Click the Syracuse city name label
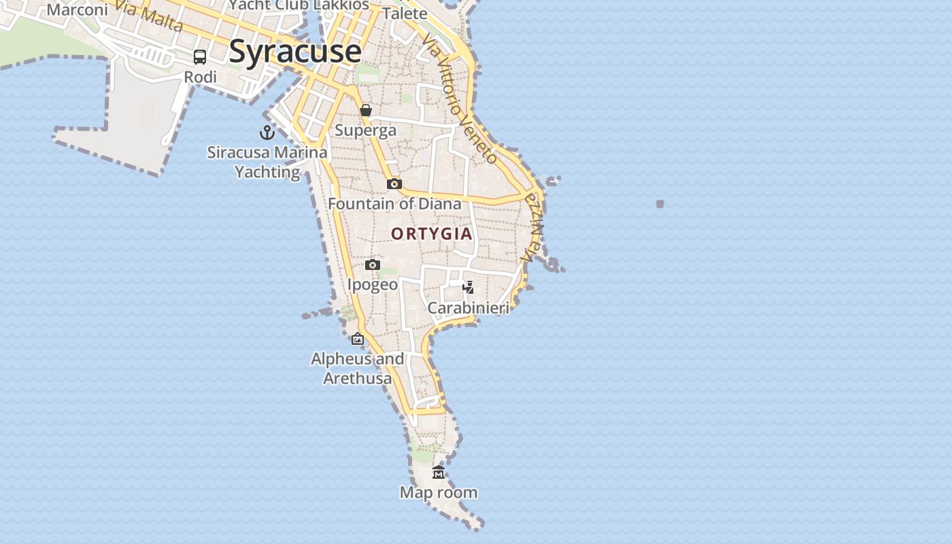294,52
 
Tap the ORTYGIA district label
432,234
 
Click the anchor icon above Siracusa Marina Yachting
267,133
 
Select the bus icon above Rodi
200,57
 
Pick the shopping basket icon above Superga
366,110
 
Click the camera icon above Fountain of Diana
394,184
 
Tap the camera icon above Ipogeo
373,265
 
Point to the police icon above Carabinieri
468,287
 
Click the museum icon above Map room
439,472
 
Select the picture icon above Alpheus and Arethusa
358,338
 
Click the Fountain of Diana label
394,203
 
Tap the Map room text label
439,492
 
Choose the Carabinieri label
468,308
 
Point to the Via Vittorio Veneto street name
459,99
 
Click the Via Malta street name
150,16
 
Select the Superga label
366,130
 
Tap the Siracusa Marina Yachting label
267,162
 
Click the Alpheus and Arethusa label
358,368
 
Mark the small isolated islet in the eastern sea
660,203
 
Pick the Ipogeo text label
373,284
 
